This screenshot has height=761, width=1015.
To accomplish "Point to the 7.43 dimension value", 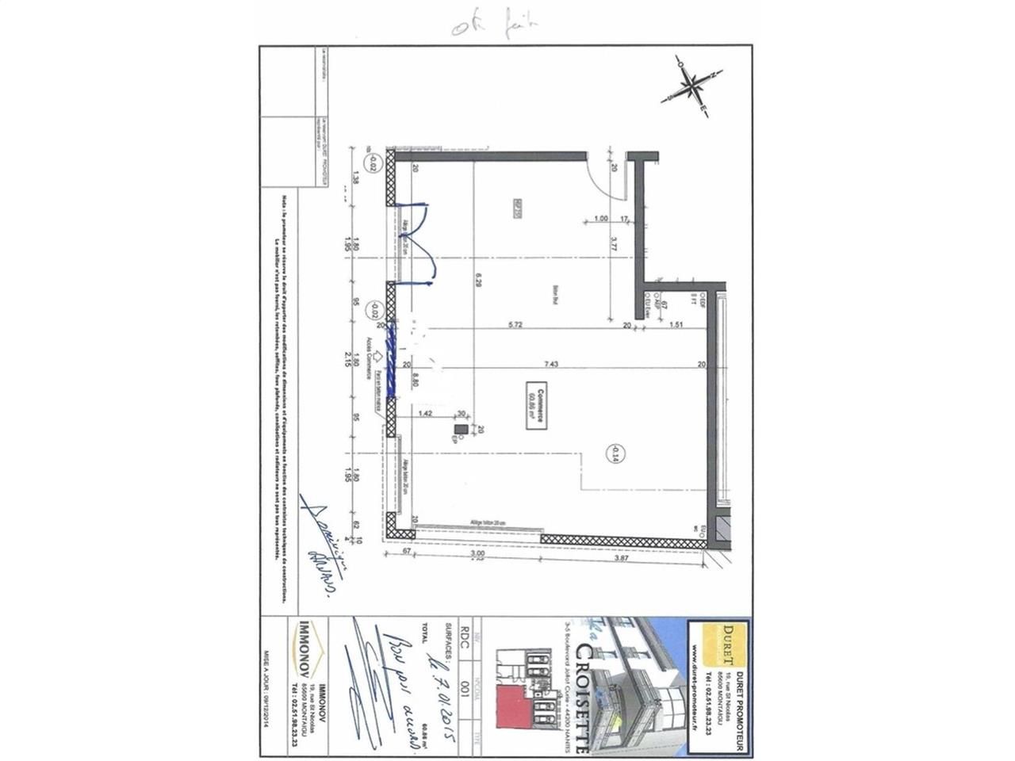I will pos(550,364).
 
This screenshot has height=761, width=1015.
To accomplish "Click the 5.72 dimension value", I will pos(513,324).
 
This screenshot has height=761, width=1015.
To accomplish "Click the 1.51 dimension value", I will pos(676,324).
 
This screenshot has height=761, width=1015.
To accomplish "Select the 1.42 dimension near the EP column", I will pos(425,413).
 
